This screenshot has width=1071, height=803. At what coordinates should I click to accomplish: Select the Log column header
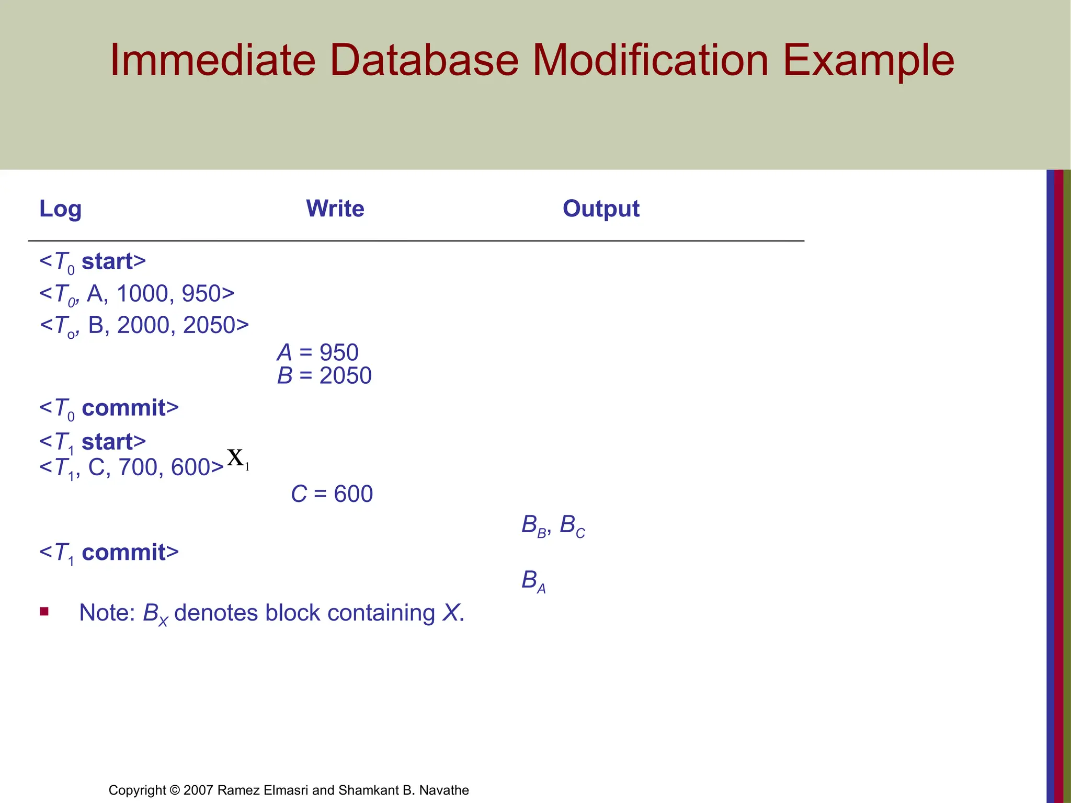60,209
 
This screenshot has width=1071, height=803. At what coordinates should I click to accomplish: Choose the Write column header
335,209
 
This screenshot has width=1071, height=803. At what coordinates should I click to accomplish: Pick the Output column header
601,209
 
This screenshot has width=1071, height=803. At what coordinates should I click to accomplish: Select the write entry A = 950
318,352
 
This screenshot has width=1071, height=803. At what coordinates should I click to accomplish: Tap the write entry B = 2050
324,376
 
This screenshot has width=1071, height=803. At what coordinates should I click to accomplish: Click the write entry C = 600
332,494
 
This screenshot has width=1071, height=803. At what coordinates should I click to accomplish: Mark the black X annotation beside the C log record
236,458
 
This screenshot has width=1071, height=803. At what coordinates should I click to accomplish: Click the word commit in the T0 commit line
124,408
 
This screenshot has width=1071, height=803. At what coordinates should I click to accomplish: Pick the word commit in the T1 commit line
124,553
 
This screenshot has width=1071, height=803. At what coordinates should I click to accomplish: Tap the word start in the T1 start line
108,442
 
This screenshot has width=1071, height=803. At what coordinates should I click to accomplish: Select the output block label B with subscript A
533,581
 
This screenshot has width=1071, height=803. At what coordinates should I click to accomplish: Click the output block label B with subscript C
572,525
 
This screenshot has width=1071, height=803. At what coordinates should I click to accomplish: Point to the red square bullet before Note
44,611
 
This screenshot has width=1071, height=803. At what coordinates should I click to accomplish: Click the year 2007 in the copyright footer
198,790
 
